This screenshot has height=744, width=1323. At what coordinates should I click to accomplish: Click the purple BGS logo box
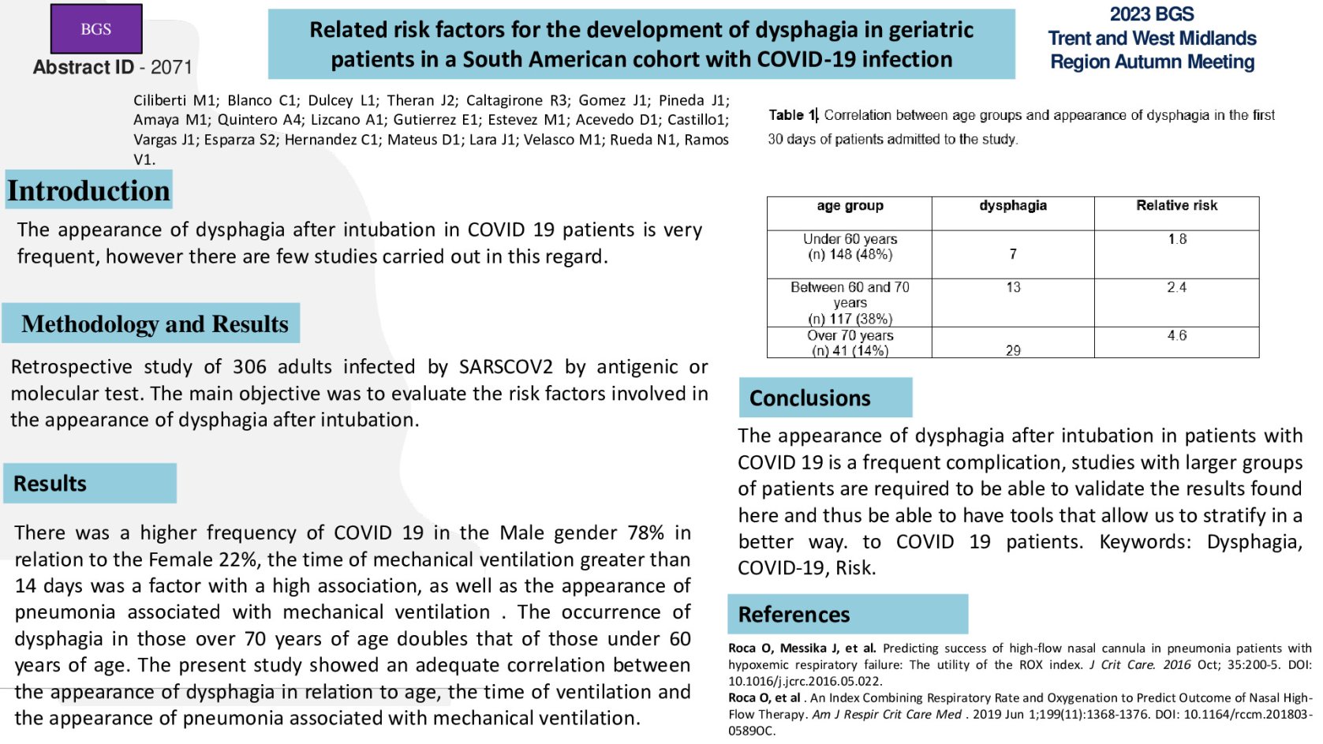pyautogui.click(x=96, y=29)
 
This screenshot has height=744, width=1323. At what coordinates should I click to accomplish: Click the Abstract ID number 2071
pyautogui.click(x=171, y=67)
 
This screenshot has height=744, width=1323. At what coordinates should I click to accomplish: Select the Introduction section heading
pyautogui.click(x=88, y=191)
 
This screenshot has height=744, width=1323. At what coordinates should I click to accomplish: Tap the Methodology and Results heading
pyautogui.click(x=155, y=323)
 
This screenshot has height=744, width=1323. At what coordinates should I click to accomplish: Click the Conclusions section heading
pyautogui.click(x=809, y=398)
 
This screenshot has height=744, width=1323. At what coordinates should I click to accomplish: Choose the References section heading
pyautogui.click(x=794, y=615)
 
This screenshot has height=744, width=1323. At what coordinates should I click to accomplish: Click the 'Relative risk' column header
pyautogui.click(x=1176, y=206)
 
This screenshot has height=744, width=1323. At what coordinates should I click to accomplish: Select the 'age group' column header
pyautogui.click(x=850, y=206)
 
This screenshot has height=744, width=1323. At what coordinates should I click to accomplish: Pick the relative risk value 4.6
pyautogui.click(x=1176, y=335)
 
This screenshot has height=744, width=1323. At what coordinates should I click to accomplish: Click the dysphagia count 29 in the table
pyautogui.click(x=1013, y=350)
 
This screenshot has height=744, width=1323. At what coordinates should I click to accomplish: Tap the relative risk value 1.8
pyautogui.click(x=1177, y=239)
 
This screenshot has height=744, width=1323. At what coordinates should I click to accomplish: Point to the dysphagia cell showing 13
pyautogui.click(x=1013, y=287)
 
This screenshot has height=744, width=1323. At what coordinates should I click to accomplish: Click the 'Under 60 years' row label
pyautogui.click(x=850, y=239)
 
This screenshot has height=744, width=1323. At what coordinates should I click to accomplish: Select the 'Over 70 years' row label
pyautogui.click(x=850, y=336)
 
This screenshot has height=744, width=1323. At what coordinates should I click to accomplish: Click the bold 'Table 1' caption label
pyautogui.click(x=792, y=115)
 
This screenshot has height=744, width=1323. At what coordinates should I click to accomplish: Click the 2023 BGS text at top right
pyautogui.click(x=1151, y=14)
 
